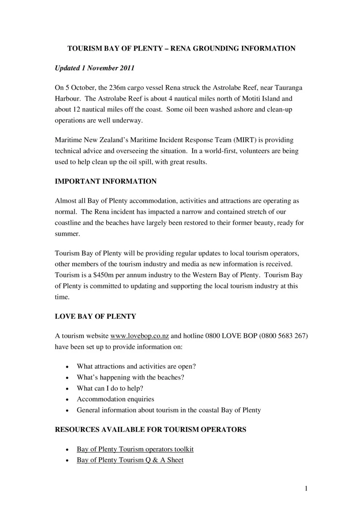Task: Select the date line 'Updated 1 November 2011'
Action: (x=94, y=68)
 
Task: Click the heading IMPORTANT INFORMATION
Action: (x=106, y=181)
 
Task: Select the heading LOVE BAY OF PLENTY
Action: (x=95, y=317)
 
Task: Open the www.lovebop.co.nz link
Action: (x=140, y=336)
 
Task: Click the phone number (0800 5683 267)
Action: (x=283, y=336)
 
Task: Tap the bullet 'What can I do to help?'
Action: (x=110, y=388)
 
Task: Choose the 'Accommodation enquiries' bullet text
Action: (x=116, y=399)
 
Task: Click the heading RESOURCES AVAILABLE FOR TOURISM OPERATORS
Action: (x=150, y=430)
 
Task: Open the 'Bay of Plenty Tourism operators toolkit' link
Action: (x=135, y=449)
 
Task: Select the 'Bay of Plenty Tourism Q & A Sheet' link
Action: (x=130, y=460)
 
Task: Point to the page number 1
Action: (x=306, y=489)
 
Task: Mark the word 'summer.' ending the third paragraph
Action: (x=67, y=234)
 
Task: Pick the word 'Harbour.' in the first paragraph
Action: (x=68, y=99)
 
